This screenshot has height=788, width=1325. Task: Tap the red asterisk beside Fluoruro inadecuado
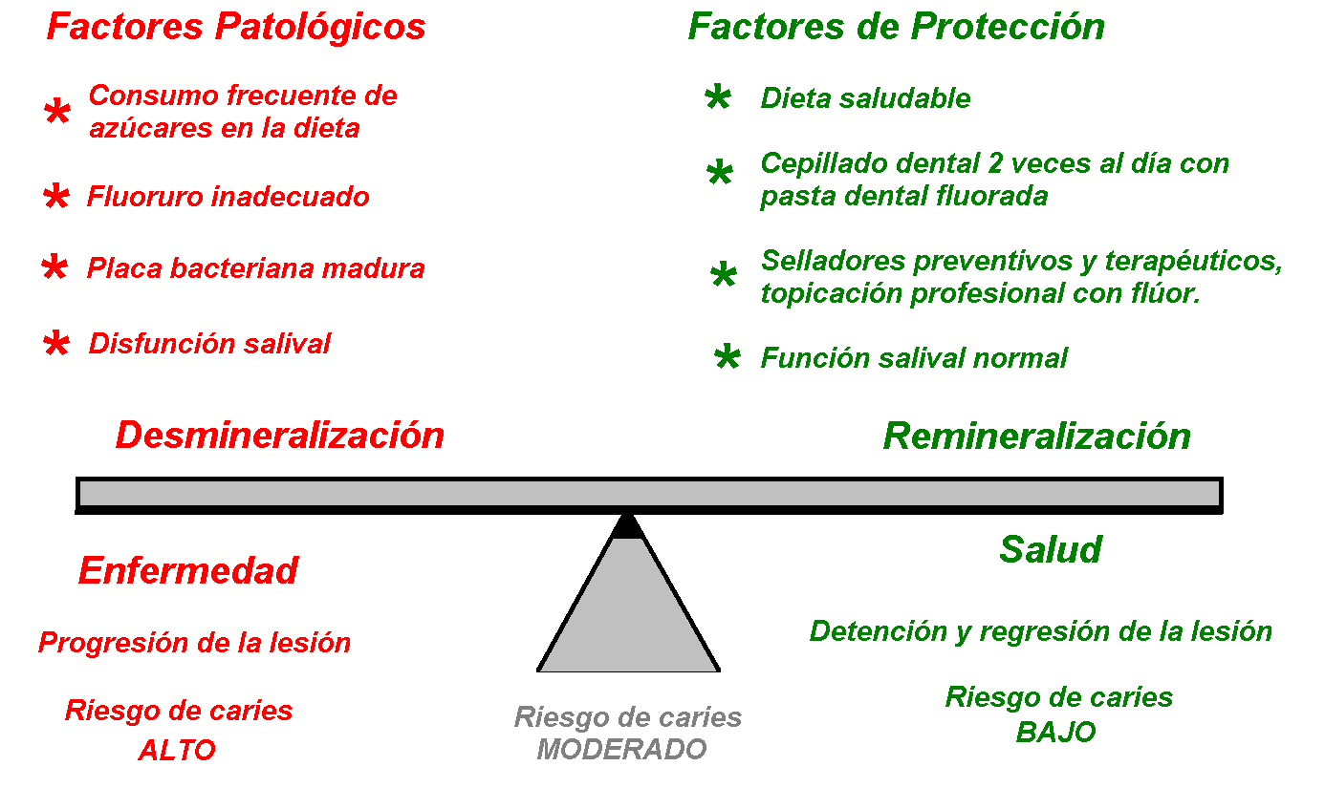[56, 196]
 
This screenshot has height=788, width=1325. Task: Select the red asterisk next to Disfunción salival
[56, 343]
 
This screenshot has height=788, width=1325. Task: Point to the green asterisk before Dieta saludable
[718, 97]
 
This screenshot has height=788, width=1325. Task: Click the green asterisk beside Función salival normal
[727, 356]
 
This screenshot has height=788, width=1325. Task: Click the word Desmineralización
[280, 436]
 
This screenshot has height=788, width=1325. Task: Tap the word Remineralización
[1036, 437]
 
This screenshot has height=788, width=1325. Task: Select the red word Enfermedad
[188, 570]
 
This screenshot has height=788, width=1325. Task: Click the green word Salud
[1051, 549]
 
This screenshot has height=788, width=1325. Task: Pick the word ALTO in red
[177, 750]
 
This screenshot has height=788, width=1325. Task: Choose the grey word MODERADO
[621, 749]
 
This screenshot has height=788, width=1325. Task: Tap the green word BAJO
[1055, 732]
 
